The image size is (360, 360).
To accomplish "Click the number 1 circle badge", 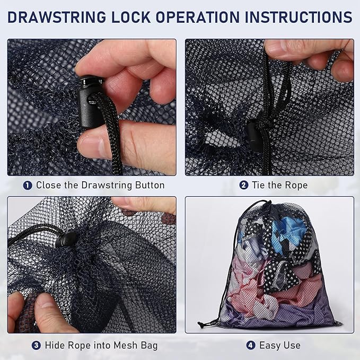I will pyautogui.click(x=28, y=186).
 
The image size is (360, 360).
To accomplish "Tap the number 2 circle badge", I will pyautogui.click(x=243, y=186).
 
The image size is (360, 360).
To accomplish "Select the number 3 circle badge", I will pyautogui.click(x=36, y=345).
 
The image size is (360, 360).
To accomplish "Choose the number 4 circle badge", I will pyautogui.click(x=250, y=345).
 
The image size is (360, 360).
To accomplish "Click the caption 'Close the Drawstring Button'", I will pyautogui.click(x=100, y=186).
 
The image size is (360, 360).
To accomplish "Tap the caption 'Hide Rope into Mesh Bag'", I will pyautogui.click(x=101, y=345).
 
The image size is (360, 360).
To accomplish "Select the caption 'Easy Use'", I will pyautogui.click(x=280, y=345).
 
